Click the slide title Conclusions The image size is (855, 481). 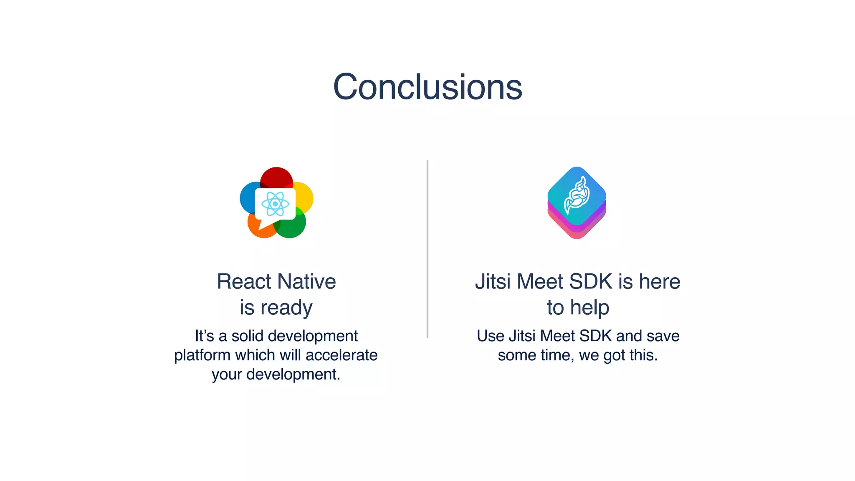[427, 87]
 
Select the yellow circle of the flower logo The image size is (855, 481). [305, 196]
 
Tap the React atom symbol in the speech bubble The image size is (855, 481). [275, 204]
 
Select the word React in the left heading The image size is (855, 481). [244, 281]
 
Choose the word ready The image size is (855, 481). [286, 308]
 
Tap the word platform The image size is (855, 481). [202, 355]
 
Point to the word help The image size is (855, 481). [589, 308]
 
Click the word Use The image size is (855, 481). [490, 336]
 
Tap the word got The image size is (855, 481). [614, 356]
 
